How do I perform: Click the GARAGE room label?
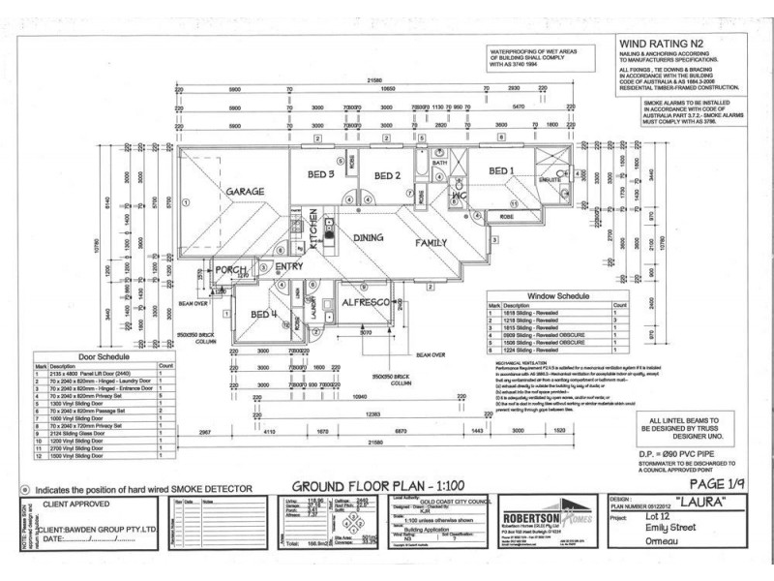[x=246, y=193]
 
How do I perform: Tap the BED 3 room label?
[x=321, y=174]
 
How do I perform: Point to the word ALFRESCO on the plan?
[x=367, y=304]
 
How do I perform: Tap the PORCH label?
[x=232, y=269]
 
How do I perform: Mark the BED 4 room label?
[x=264, y=315]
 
